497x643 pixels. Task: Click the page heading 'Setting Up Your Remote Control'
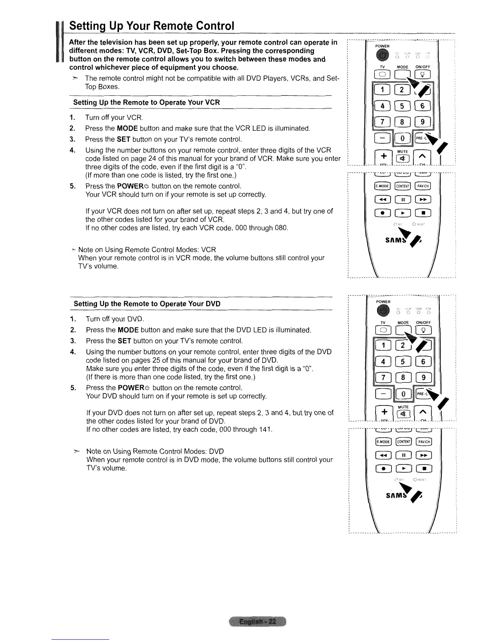(x=152, y=26)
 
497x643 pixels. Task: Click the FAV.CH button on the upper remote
(x=423, y=186)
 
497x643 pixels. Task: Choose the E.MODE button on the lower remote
(x=382, y=442)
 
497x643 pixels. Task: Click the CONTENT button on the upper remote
(x=403, y=186)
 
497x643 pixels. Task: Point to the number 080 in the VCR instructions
(x=281, y=228)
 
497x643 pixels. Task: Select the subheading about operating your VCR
(x=147, y=102)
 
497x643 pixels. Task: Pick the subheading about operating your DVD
(x=147, y=304)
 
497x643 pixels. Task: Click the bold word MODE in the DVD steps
(x=128, y=330)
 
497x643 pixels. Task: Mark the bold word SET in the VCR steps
(x=123, y=139)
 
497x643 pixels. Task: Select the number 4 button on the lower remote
(x=382, y=362)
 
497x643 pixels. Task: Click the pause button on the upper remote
(x=403, y=199)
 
